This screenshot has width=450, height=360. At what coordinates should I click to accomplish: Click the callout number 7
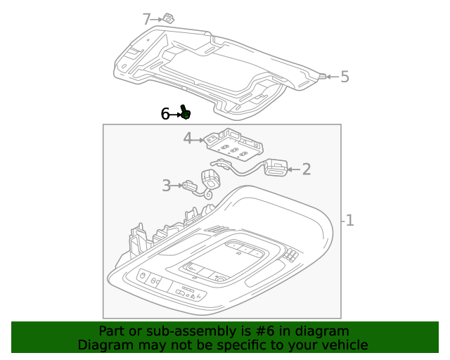(146, 19)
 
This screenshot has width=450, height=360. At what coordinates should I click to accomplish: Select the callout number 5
(345, 77)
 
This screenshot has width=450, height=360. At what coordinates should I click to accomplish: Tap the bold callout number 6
(165, 113)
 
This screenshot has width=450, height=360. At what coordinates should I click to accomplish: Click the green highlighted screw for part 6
(186, 112)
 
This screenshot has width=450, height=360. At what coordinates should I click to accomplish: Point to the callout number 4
(188, 139)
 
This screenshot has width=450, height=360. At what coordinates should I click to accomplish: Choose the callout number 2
(306, 168)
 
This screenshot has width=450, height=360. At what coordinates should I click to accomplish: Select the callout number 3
(167, 186)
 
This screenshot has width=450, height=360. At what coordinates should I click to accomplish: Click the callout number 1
(349, 221)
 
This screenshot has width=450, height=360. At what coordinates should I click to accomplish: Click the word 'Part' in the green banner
(112, 331)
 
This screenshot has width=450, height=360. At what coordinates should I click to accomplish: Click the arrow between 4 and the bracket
(199, 139)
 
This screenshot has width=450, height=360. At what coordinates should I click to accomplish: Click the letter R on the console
(240, 252)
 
